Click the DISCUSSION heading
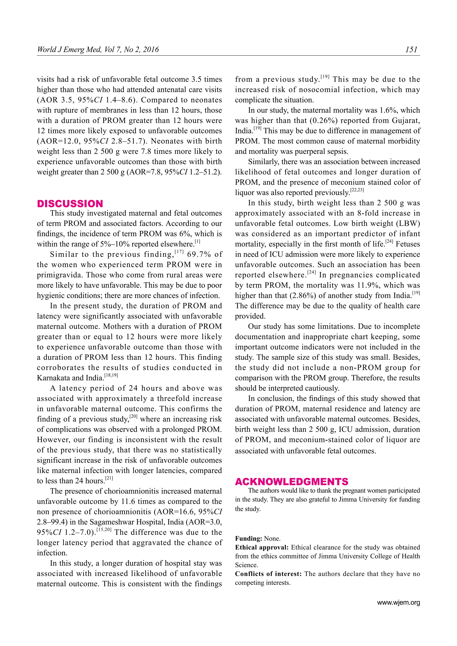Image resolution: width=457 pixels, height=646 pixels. (x=70, y=204)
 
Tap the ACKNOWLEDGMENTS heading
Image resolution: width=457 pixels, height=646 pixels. (x=291, y=481)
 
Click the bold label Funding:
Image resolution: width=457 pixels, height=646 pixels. (x=249, y=539)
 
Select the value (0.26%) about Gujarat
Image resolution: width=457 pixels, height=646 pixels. (x=325, y=121)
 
